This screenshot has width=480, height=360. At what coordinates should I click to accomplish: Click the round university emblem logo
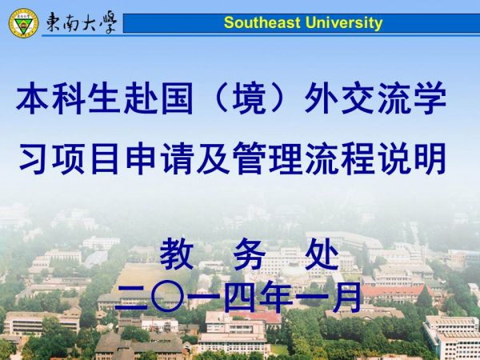(23, 23)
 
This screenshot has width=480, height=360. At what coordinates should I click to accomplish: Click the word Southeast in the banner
(262, 22)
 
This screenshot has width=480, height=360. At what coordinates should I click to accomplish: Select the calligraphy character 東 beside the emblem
(54, 22)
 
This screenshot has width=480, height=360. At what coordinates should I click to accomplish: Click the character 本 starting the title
(32, 98)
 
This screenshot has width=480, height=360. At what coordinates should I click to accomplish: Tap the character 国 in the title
(177, 98)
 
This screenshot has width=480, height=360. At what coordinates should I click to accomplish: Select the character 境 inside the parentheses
(249, 98)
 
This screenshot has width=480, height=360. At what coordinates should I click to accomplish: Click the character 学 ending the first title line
(430, 98)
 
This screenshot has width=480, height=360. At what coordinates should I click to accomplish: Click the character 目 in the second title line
(105, 158)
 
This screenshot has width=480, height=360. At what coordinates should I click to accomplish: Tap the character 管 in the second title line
(249, 158)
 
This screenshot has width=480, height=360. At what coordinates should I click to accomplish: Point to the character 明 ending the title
(430, 158)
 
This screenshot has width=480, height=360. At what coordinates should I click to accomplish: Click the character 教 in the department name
(177, 254)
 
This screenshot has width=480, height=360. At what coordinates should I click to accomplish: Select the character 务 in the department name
(249, 254)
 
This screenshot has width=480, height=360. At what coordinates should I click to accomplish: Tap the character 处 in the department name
(322, 254)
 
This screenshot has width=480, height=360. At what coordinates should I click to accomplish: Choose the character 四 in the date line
(240, 297)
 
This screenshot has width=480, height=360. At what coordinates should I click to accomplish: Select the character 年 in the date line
(276, 297)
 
